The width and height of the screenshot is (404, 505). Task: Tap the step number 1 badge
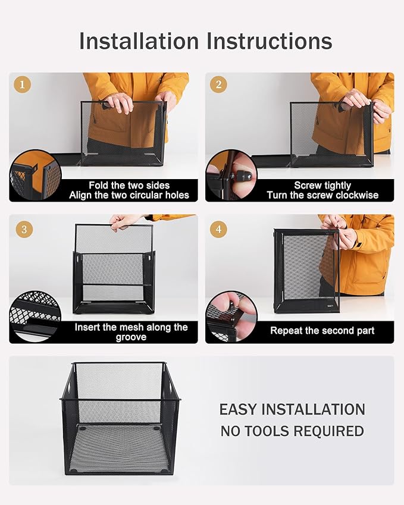(23, 85)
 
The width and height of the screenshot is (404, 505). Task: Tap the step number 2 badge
(218, 85)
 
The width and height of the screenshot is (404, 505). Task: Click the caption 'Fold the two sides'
(129, 186)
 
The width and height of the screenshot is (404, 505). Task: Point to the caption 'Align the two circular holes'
(129, 195)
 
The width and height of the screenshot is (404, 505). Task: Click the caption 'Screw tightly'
(322, 186)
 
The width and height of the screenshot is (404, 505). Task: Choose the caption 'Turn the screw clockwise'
(322, 195)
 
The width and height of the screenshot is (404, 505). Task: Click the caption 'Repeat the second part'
(322, 331)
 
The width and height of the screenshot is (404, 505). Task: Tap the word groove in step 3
(131, 337)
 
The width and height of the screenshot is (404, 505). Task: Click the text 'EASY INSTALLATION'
(292, 410)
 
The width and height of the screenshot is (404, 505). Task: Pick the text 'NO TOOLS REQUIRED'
(292, 431)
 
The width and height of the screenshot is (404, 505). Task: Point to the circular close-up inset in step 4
(231, 316)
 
